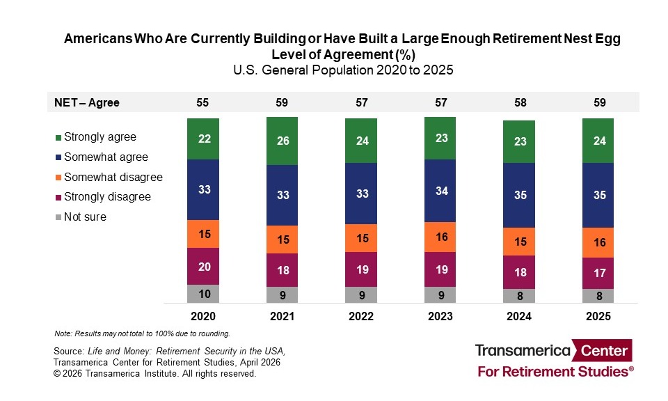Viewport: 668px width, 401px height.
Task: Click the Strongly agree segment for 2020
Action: click(x=203, y=139)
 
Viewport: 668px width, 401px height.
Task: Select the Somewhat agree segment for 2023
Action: click(x=440, y=191)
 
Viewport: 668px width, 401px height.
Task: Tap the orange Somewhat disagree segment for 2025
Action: click(x=599, y=242)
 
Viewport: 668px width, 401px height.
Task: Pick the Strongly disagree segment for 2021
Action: click(x=283, y=270)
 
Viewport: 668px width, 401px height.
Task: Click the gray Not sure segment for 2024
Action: click(x=520, y=296)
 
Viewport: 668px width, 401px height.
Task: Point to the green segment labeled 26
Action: click(x=283, y=141)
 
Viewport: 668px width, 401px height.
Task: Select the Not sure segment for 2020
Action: click(x=203, y=294)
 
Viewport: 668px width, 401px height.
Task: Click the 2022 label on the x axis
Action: click(x=361, y=316)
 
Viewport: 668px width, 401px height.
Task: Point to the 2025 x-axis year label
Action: click(x=599, y=316)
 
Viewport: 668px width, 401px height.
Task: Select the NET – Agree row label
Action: click(x=87, y=102)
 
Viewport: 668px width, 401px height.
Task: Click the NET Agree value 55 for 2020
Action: click(x=203, y=102)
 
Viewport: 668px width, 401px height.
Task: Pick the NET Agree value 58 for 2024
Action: click(x=520, y=102)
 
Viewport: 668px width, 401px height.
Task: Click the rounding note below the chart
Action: click(x=142, y=333)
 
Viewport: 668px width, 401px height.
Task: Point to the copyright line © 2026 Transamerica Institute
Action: click(x=154, y=374)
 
